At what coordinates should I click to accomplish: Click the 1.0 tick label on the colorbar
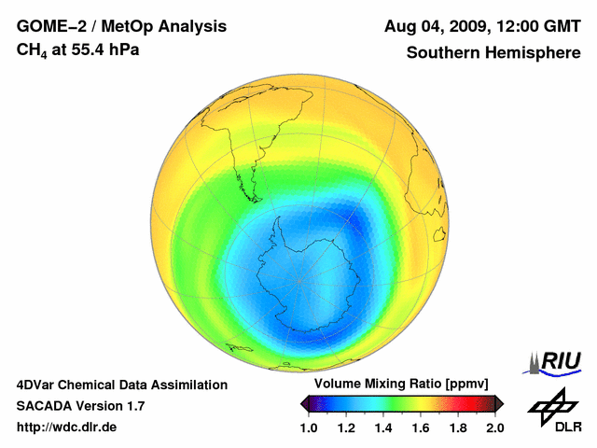pos(309,427)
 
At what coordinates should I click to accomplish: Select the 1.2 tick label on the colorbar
pos(346,427)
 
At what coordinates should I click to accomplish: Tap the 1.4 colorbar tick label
pos(383,427)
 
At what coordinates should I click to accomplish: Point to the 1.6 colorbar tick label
pos(421,427)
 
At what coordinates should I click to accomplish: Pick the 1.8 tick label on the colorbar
pos(458,427)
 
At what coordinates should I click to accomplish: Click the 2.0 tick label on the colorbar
pos(495,427)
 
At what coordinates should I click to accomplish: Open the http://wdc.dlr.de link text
pos(66,427)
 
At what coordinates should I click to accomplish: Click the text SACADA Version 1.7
pos(80,406)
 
